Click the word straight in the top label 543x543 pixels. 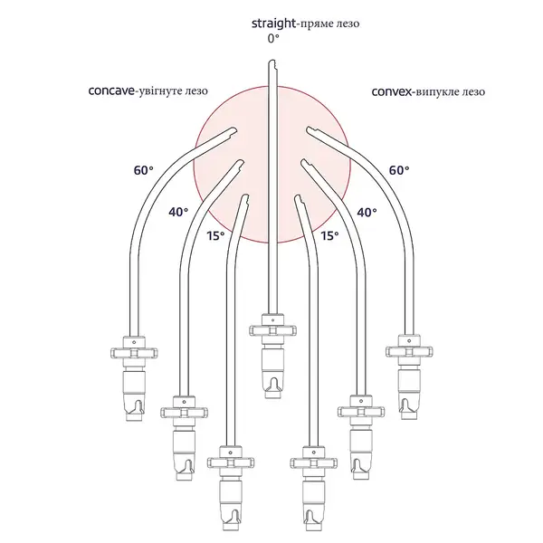(273, 24)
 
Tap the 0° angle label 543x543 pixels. (273, 39)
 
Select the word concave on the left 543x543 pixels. (111, 91)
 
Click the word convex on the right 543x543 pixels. (392, 91)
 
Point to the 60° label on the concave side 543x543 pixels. (143, 170)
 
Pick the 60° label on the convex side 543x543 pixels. (399, 170)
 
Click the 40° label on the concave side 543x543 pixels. (178, 212)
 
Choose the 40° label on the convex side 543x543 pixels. (367, 212)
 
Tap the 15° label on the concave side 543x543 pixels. (215, 235)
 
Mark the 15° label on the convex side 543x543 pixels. (329, 235)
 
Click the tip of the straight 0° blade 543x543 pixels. (271, 61)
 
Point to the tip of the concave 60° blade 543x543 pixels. (234, 129)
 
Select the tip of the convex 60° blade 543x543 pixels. (309, 129)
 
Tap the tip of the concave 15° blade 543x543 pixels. (246, 195)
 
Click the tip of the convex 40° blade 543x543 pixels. (302, 160)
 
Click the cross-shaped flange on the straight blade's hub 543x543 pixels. (273, 330)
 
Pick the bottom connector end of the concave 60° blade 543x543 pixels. (134, 418)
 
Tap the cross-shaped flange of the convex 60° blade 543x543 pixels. (409, 351)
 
